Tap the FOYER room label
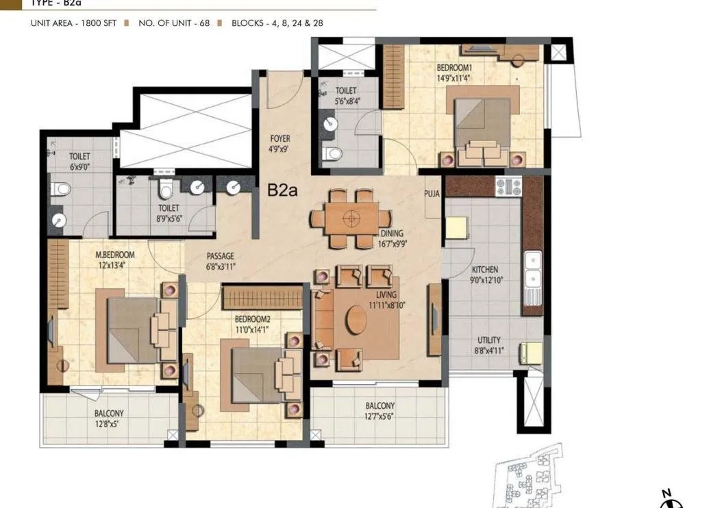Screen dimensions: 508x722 click(279, 143)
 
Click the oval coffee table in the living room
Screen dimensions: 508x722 click(356, 320)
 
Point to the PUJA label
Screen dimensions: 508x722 click(432, 194)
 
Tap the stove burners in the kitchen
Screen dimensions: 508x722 click(508, 186)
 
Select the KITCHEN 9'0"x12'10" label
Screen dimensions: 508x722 click(485, 275)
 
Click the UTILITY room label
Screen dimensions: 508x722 click(488, 344)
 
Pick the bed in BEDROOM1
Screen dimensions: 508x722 click(482, 124)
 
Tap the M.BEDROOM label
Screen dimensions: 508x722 click(115, 259)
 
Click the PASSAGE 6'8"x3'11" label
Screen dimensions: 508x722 click(221, 262)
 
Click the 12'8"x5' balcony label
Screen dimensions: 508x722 click(109, 418)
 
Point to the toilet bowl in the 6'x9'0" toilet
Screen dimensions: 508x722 click(61, 188)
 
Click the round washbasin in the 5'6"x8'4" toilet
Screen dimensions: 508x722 click(330, 125)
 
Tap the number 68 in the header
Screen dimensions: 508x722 click(203, 23)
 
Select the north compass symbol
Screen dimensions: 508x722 click(667, 498)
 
